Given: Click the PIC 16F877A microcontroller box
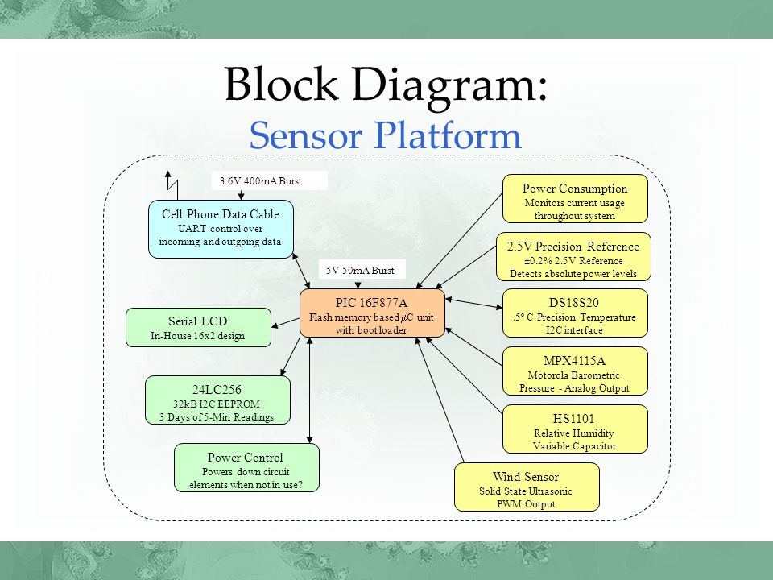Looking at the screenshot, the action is (372, 313).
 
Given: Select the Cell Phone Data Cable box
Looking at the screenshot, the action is (221, 229).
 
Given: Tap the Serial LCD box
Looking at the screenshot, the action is (198, 328).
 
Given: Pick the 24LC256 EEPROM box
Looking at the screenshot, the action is (217, 400).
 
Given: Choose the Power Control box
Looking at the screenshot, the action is (246, 467).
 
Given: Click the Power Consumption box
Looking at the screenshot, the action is (575, 199).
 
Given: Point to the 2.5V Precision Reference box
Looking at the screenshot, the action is (573, 256).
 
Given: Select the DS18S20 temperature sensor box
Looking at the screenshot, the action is (575, 313).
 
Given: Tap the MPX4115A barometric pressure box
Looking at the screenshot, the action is (575, 371).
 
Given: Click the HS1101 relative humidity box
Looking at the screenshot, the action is (575, 429).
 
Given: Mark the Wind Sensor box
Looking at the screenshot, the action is (527, 487).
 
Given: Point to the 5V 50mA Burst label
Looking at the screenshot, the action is (361, 271).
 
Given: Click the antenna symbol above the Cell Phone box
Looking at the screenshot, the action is (172, 186).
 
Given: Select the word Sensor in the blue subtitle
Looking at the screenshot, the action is (306, 135).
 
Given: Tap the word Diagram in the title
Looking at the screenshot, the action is (449, 84).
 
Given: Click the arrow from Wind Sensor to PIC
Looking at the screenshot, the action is (440, 400).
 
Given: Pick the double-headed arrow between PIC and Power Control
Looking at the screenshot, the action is (309, 391).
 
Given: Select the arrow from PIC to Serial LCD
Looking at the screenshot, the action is (285, 322).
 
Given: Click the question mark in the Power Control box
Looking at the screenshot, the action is (300, 485).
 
